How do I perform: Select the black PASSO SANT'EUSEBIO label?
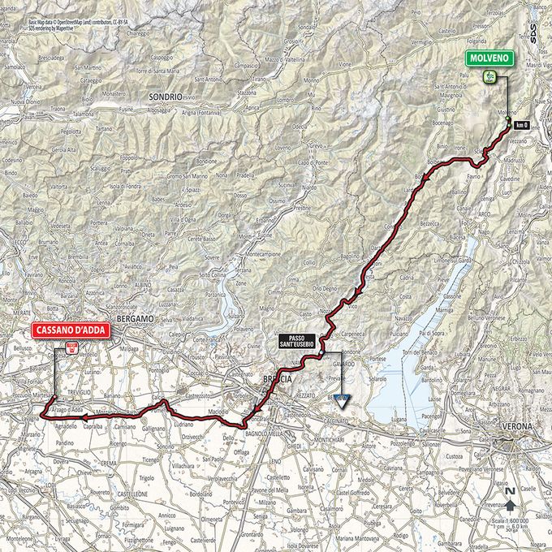pyautogui.click(x=300, y=341)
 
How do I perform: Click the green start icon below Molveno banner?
pyautogui.click(x=489, y=77)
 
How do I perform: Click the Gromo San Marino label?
pyautogui.click(x=187, y=176)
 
